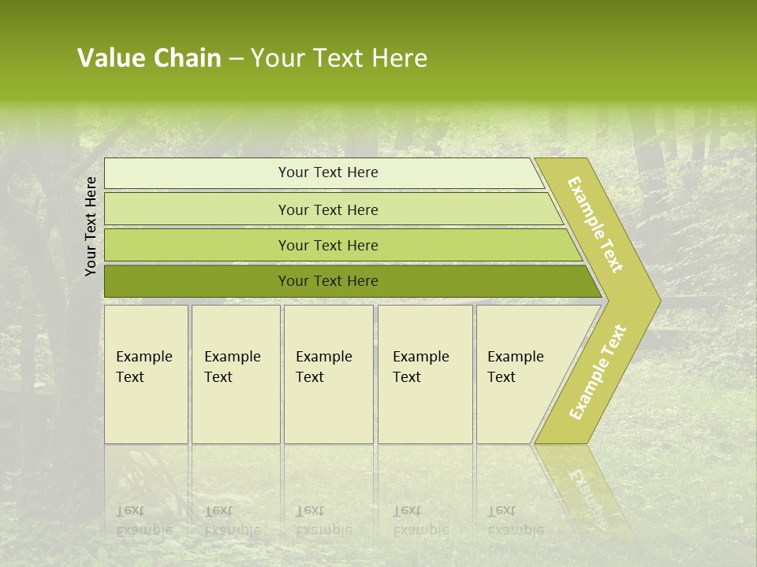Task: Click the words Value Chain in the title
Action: [149, 58]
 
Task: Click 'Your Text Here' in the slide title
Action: [339, 58]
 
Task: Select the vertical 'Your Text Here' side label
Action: [91, 226]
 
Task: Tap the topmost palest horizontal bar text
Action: [328, 172]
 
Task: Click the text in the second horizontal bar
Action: [328, 210]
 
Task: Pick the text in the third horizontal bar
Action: [328, 246]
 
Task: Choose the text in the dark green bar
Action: [328, 281]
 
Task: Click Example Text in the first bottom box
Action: [144, 367]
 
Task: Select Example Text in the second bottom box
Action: [232, 367]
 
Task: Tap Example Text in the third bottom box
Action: [323, 367]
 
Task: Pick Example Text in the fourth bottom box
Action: [420, 367]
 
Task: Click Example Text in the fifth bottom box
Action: [515, 367]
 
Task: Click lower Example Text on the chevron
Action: [598, 372]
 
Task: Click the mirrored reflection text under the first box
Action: [144, 521]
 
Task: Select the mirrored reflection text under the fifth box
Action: [515, 521]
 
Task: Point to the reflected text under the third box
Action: [323, 521]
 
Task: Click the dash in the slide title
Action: [236, 59]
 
